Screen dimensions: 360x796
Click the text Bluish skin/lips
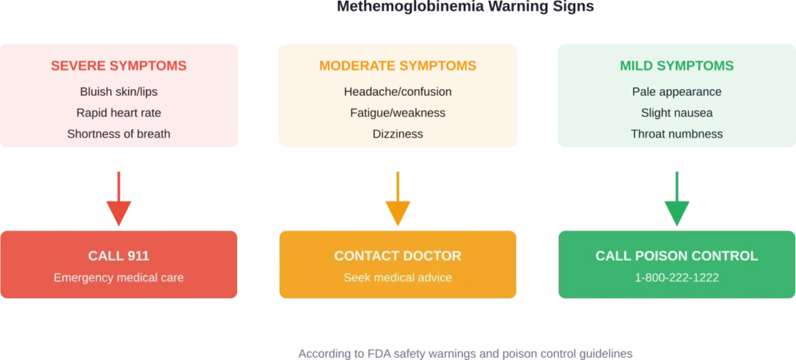click(x=118, y=92)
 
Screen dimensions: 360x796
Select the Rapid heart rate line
click(x=118, y=113)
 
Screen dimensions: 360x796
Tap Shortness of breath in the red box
click(x=118, y=134)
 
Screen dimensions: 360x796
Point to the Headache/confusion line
click(x=397, y=92)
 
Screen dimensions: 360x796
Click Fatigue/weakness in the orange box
click(x=397, y=113)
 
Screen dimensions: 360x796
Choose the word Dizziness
click(x=397, y=134)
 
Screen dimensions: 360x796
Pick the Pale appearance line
click(x=676, y=92)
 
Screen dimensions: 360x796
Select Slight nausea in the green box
click(x=676, y=113)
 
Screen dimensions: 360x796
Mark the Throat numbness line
click(x=676, y=134)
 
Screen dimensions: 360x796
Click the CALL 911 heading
click(x=118, y=256)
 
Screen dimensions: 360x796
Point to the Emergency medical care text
click(x=118, y=277)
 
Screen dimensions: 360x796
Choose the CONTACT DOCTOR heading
click(x=397, y=256)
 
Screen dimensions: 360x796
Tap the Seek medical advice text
click(x=397, y=277)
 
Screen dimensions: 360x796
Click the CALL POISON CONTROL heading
click(x=676, y=256)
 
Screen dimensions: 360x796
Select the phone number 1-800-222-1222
click(x=676, y=277)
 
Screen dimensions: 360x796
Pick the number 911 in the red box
click(x=137, y=256)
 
